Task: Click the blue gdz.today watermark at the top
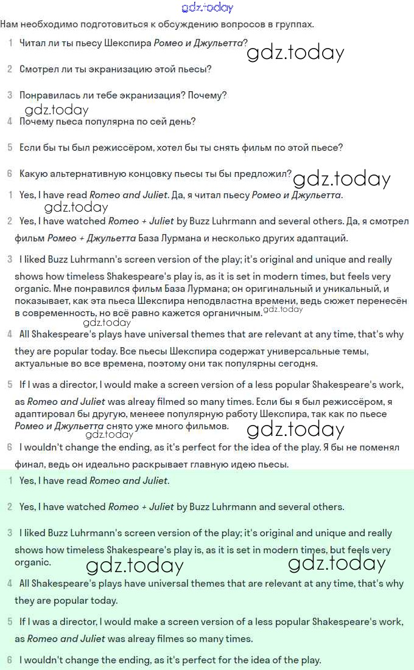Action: point(207,7)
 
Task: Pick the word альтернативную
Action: point(88,174)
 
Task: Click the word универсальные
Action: point(289,352)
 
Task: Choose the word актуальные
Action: point(47,364)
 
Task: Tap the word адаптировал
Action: point(44,415)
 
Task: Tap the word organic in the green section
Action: point(32,562)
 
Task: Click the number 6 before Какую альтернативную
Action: point(10,174)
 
